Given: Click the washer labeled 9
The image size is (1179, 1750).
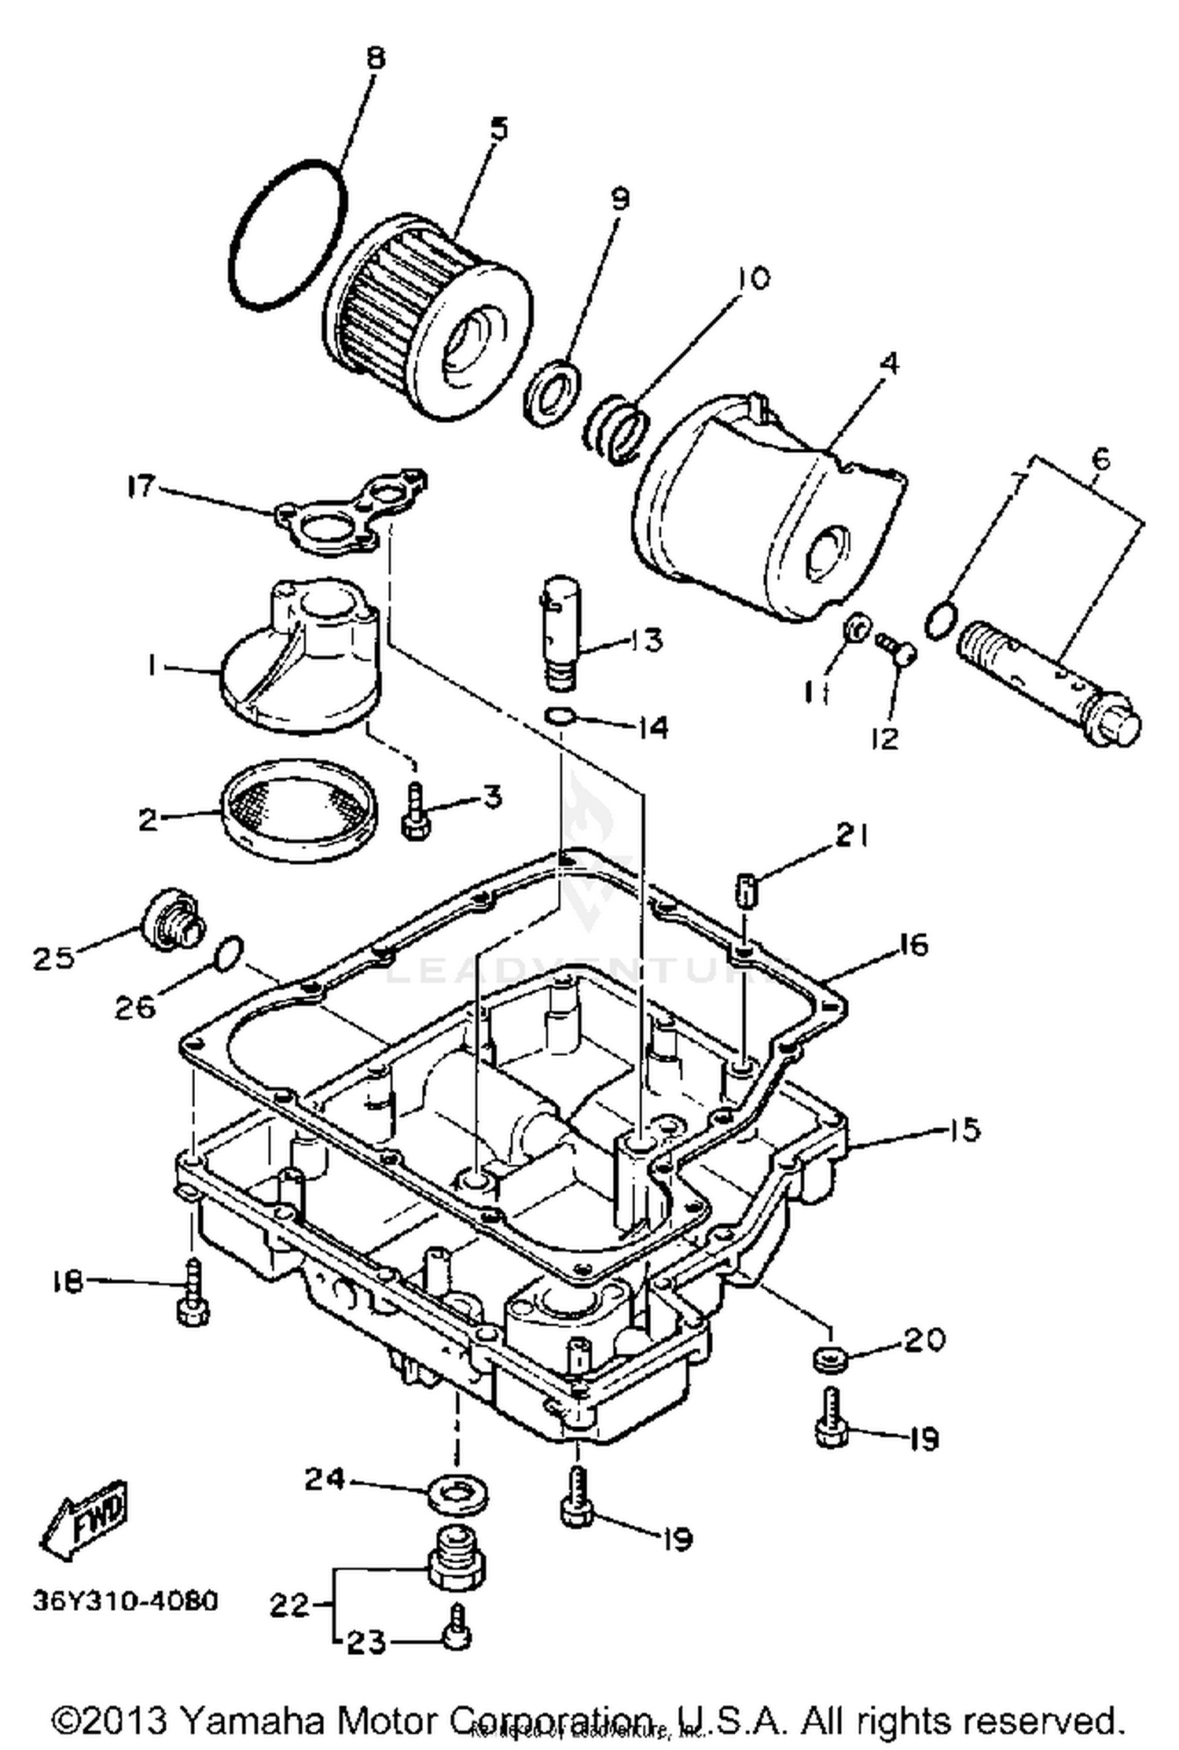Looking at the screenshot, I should tap(553, 391).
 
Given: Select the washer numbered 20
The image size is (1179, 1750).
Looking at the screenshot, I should tap(828, 1358).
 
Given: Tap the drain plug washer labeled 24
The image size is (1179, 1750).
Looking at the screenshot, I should tap(458, 1491).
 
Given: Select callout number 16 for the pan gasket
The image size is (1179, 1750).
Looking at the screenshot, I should tap(913, 944).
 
